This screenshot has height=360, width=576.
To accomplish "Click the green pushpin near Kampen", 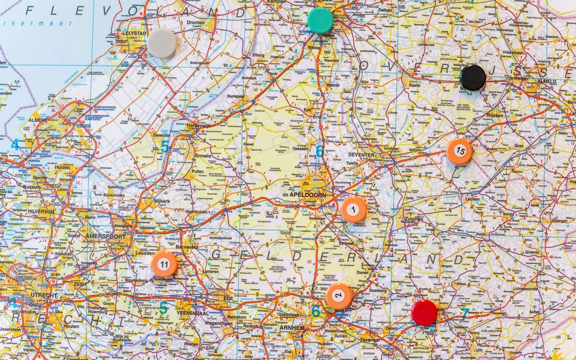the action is pyautogui.click(x=320, y=20).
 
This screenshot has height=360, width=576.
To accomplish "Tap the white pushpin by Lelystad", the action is pyautogui.click(x=162, y=44).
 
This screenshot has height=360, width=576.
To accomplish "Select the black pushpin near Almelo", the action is pyautogui.click(x=473, y=77).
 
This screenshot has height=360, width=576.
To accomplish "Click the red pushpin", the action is pyautogui.click(x=424, y=313).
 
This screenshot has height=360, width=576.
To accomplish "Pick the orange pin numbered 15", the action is pyautogui.click(x=460, y=151).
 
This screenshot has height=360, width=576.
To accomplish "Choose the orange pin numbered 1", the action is pyautogui.click(x=354, y=210).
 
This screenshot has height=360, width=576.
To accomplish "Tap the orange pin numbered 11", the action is pyautogui.click(x=164, y=264).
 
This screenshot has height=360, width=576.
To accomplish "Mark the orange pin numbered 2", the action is pyautogui.click(x=339, y=296).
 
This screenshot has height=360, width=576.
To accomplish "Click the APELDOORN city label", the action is pyautogui.click(x=307, y=196).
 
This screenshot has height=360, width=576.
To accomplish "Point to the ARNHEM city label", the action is pyautogui.click(x=292, y=328).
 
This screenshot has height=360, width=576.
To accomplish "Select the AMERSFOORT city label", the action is pyautogui.click(x=105, y=236).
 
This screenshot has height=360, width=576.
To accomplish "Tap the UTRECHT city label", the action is pyautogui.click(x=45, y=295).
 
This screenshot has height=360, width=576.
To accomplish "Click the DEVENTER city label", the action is pyautogui.click(x=361, y=155).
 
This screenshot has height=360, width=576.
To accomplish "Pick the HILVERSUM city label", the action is pyautogui.click(x=40, y=212).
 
